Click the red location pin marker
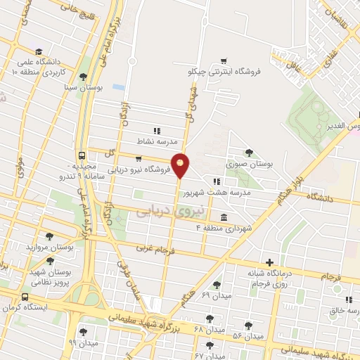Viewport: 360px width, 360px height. pos(181,165)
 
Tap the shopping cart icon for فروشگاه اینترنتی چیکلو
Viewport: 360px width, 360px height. pos(224,61)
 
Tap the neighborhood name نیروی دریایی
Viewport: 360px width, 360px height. pos(162,210)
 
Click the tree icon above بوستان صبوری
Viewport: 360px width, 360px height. pos(248,152)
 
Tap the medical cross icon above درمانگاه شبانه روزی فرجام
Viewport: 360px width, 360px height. pos(269,262)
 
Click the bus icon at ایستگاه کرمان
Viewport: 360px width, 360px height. pos(25,297)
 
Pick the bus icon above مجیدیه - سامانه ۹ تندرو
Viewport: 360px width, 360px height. pos(82,155)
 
